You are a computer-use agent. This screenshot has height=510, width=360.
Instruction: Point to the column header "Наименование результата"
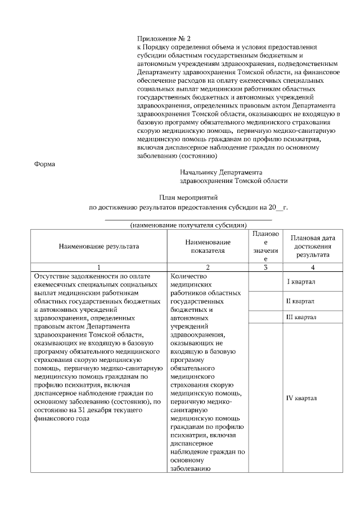tap(98, 246)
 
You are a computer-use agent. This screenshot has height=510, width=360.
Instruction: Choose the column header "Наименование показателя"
tap(208, 246)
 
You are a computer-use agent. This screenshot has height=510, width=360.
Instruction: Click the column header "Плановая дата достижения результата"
tap(312, 246)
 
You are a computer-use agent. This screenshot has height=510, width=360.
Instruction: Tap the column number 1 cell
tap(98, 267)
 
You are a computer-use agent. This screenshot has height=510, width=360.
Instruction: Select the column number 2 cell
tap(208, 267)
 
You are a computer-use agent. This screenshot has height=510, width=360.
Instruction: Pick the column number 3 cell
tap(265, 267)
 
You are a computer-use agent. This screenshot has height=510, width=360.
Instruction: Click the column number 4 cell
tap(312, 267)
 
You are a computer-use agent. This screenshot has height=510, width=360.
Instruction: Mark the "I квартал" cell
tap(301, 281)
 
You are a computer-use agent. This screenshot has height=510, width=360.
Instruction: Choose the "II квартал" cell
tap(301, 301)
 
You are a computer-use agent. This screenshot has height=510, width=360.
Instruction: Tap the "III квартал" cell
tap(301, 317)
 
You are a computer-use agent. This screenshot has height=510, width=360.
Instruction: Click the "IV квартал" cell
tap(301, 398)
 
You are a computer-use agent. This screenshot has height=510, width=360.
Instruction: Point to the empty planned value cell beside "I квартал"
tap(265, 281)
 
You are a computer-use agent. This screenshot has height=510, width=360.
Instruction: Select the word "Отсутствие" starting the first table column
tap(53, 276)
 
